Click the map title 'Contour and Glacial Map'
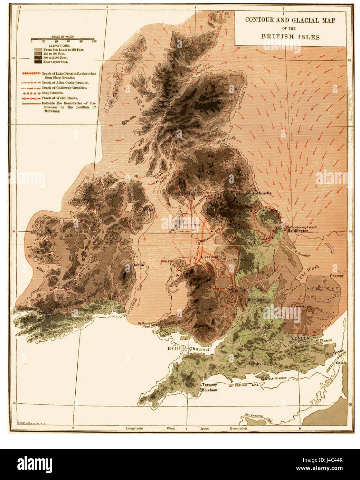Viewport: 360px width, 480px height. (x=290, y=20)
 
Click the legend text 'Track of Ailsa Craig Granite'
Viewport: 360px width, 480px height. (x=65, y=83)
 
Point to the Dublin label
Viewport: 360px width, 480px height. (x=138, y=265)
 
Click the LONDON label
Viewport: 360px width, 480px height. (x=301, y=338)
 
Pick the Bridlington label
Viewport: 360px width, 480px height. (x=298, y=231)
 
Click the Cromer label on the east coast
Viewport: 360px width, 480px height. (x=337, y=276)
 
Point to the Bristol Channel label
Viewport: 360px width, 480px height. (x=188, y=349)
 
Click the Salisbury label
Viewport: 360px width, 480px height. (x=257, y=364)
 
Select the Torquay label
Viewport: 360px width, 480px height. (x=209, y=385)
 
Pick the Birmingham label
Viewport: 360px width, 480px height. (x=258, y=300)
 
